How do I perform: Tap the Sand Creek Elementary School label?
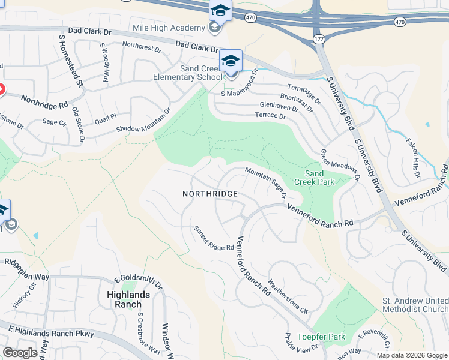(187, 73)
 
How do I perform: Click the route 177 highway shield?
(318, 40)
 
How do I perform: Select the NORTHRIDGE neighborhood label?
(211, 194)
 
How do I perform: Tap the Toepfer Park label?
(323, 337)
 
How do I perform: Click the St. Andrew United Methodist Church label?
(415, 305)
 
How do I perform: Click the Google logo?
(20, 353)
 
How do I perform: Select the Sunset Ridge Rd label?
(213, 238)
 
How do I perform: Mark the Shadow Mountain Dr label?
(143, 121)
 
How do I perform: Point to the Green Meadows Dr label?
(339, 165)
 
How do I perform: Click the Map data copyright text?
(411, 355)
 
